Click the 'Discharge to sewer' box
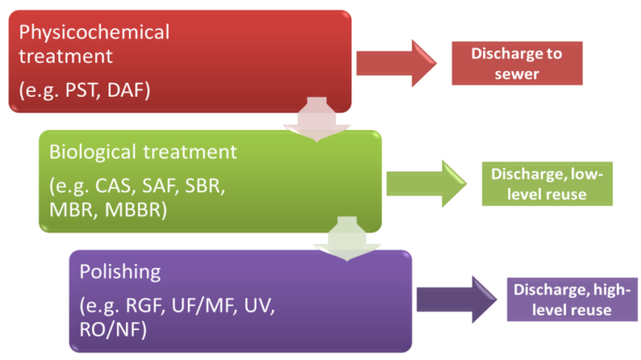[x=517, y=63]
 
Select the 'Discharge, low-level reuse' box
[x=547, y=184]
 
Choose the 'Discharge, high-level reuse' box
[x=571, y=300]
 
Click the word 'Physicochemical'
[x=94, y=33]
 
